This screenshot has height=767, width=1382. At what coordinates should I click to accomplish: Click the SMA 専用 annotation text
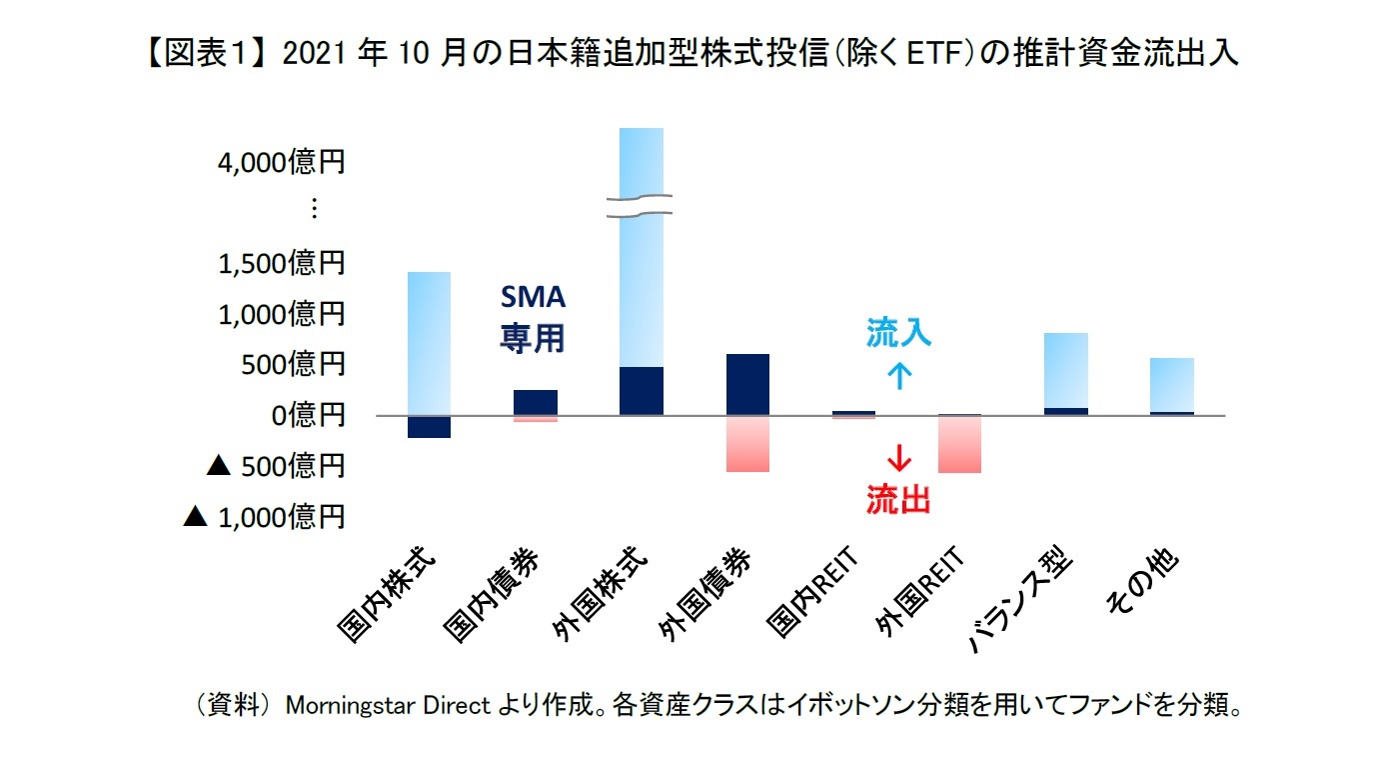tap(532, 318)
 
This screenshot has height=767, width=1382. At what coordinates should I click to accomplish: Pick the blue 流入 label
tap(898, 334)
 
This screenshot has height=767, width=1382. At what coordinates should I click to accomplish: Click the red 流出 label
tap(898, 498)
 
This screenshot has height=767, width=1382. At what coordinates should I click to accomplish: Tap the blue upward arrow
tap(898, 374)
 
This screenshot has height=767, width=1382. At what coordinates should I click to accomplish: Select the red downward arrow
tap(898, 458)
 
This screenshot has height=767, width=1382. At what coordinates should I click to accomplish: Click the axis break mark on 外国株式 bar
tap(641, 206)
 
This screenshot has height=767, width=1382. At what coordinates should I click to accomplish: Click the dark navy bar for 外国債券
tap(747, 384)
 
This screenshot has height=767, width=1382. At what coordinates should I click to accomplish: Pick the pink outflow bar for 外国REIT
tap(960, 444)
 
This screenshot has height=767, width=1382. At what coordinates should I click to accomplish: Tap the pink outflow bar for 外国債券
tap(747, 443)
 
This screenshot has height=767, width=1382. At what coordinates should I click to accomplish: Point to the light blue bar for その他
tap(1172, 384)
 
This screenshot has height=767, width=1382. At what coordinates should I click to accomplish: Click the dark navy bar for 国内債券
tap(536, 402)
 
